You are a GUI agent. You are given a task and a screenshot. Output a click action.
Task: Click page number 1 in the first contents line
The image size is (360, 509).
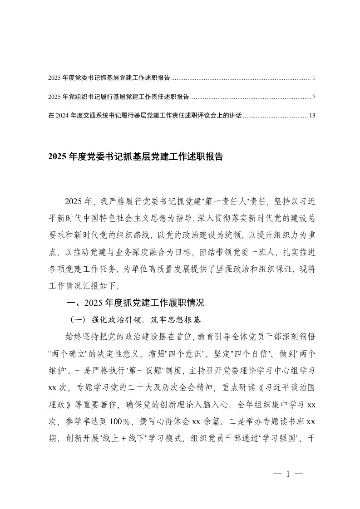click(314, 78)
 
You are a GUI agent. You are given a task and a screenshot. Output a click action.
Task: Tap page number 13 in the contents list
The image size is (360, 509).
click(312, 115)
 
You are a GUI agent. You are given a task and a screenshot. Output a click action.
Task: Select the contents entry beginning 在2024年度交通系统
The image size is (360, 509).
click(145, 115)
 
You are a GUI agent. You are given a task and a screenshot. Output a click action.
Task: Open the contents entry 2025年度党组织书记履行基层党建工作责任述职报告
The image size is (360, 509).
click(118, 97)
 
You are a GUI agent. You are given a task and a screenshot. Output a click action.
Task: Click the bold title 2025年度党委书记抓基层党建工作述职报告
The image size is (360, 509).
click(135, 157)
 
